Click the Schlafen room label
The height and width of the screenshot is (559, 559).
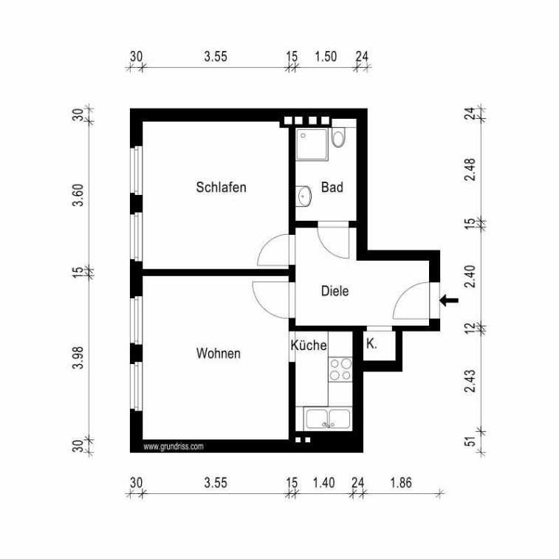221,187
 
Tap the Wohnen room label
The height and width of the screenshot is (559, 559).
218,353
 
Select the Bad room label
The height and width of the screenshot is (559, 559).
332,187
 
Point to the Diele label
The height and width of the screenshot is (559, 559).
335,291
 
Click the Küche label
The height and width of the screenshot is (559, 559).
309,345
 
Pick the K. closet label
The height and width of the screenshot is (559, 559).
371,344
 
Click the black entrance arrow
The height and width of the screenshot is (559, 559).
449,301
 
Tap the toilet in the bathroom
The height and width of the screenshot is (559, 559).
338,137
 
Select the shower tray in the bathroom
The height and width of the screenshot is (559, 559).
312,144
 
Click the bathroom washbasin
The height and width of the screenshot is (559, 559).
303,196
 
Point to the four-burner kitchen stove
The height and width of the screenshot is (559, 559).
340,369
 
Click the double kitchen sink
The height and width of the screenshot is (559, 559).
328,419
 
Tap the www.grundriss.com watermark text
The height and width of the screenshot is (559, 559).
174,447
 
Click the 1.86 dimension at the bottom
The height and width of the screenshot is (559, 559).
401,483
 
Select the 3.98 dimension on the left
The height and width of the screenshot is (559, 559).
78,357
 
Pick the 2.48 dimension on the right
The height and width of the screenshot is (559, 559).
470,170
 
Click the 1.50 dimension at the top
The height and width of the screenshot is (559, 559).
326,56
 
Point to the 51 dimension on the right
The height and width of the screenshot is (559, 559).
471,441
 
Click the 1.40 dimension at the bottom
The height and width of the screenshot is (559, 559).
323,483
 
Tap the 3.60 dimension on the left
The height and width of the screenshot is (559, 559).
78,195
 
